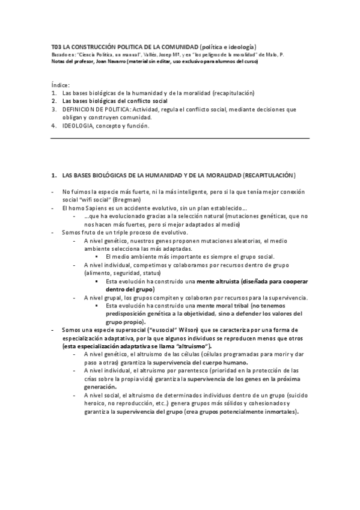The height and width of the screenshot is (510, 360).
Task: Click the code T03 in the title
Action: [x=56, y=46]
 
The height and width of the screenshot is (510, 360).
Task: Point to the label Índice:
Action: [x=60, y=85]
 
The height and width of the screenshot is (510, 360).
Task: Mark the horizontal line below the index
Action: [x=180, y=138]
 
